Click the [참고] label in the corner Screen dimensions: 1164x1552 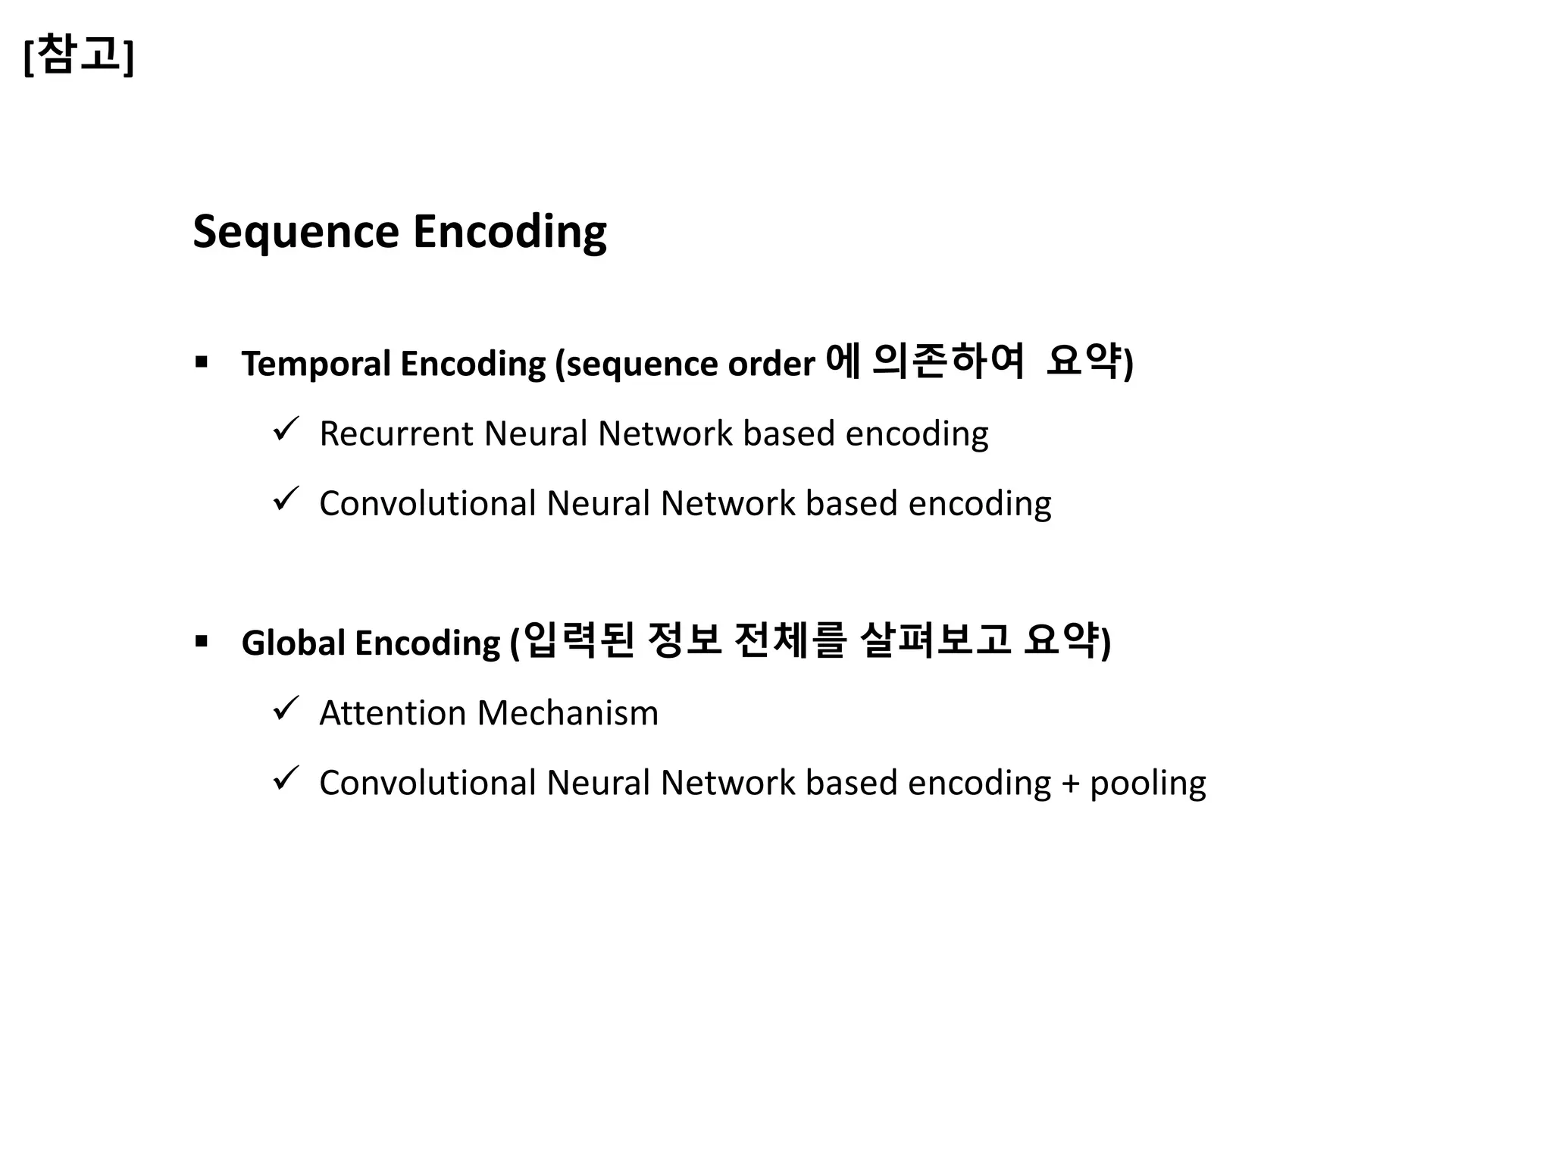[x=79, y=55]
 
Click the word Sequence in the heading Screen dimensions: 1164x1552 [x=296, y=232]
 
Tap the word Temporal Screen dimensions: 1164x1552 [x=316, y=364]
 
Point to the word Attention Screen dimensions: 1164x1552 [x=392, y=713]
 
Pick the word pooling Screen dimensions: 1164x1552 [x=1147, y=784]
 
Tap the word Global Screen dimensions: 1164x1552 [x=293, y=643]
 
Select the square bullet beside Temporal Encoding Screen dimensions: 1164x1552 [x=201, y=361]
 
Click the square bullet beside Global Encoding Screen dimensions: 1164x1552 [x=201, y=642]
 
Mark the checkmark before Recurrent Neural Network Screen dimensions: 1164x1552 [x=286, y=430]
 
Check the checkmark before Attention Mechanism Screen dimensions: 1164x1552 [x=286, y=709]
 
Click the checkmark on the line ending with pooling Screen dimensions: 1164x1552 [x=286, y=778]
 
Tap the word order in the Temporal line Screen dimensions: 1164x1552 [x=771, y=365]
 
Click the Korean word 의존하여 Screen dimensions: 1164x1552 [x=948, y=361]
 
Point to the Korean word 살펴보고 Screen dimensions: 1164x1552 [x=936, y=640]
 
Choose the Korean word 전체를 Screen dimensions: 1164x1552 [x=790, y=640]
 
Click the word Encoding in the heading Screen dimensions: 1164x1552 [x=509, y=232]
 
